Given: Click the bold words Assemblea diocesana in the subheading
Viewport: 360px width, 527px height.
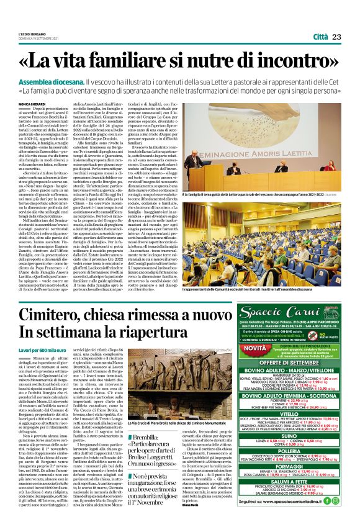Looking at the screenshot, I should click(x=53, y=82).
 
